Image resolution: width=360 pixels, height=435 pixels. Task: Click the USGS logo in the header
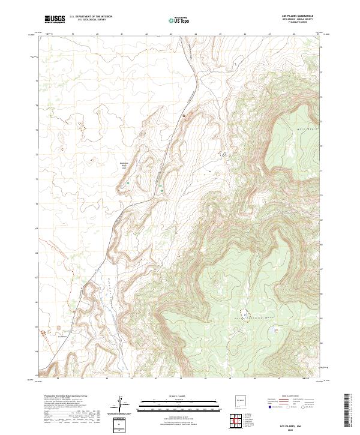[x=54, y=19]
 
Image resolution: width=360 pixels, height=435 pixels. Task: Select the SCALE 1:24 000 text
[x=181, y=396]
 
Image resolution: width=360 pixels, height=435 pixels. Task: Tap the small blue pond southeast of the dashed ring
[x=276, y=328]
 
